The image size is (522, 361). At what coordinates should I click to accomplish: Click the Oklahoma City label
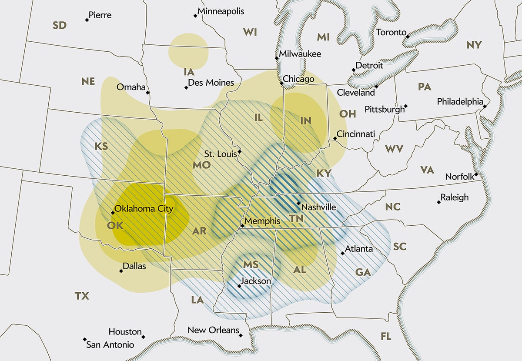click(x=144, y=209)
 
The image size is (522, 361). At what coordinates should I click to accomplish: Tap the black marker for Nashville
click(x=298, y=203)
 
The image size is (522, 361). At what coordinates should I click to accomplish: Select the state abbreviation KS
click(x=101, y=146)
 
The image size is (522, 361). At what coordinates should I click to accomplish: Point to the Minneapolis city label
click(x=221, y=11)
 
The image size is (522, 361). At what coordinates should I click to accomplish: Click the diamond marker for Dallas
click(x=121, y=271)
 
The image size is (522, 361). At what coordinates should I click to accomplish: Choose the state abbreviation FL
click(x=386, y=337)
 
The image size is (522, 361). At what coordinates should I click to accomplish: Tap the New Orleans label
click(x=213, y=330)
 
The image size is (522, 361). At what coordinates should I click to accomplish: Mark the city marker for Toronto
click(x=408, y=37)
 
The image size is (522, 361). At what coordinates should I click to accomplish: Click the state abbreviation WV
click(x=394, y=149)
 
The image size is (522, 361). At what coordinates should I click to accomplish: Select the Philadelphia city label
click(x=460, y=102)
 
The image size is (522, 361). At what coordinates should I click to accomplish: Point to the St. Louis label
click(x=221, y=154)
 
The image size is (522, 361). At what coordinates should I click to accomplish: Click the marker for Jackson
click(x=239, y=286)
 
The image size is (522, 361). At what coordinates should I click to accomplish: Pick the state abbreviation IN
click(x=306, y=120)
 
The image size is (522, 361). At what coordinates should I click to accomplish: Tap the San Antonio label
click(x=110, y=345)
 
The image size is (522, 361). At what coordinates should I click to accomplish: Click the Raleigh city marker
click(x=438, y=202)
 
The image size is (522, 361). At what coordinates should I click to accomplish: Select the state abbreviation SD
click(x=60, y=25)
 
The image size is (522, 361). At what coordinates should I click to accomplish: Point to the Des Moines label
click(x=211, y=83)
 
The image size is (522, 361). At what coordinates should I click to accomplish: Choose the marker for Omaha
click(x=148, y=93)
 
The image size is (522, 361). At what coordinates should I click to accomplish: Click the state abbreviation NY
click(x=474, y=45)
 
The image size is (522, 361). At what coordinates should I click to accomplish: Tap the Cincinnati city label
click(x=356, y=134)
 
